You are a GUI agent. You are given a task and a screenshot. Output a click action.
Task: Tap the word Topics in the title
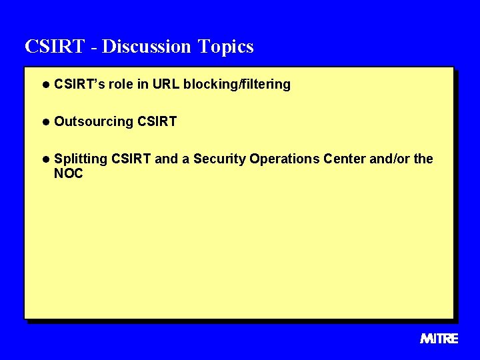point(225,47)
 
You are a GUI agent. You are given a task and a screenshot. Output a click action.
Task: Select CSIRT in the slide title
point(55,47)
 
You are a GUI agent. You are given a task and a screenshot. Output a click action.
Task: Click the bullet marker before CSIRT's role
point(45,85)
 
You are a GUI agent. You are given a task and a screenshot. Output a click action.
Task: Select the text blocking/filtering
point(237,85)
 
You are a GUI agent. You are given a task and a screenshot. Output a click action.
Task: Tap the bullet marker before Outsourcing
point(45,122)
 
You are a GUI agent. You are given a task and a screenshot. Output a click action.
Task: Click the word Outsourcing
point(93,122)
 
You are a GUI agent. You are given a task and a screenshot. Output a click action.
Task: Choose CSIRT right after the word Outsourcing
point(157,122)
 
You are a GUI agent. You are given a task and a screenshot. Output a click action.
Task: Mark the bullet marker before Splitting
point(45,159)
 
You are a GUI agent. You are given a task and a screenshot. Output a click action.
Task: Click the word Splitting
point(81,159)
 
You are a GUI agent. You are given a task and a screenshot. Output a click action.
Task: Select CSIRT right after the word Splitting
point(131,159)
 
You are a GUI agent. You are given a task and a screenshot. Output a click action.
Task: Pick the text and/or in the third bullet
point(389,159)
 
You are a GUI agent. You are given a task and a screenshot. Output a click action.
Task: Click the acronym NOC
point(69,174)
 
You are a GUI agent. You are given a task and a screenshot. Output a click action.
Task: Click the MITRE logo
point(439,339)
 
